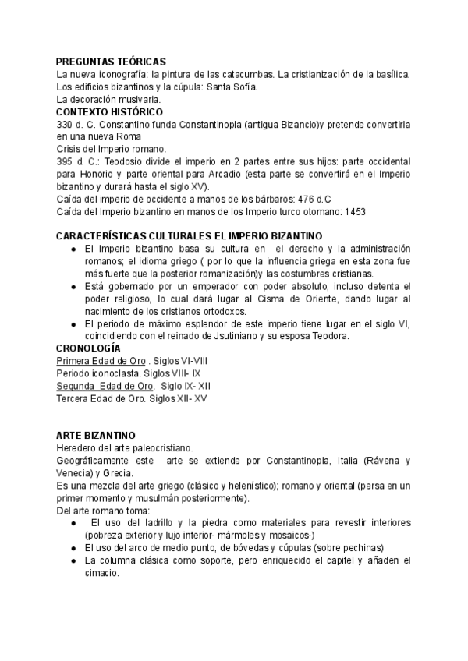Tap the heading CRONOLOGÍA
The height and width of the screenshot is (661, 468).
coord(89,348)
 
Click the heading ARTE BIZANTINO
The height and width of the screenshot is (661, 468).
coord(96,434)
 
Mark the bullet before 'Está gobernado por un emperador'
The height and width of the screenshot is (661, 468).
coord(72,286)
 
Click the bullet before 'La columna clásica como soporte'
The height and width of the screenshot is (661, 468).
coord(72,560)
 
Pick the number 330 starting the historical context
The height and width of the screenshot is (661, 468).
coord(65,125)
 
